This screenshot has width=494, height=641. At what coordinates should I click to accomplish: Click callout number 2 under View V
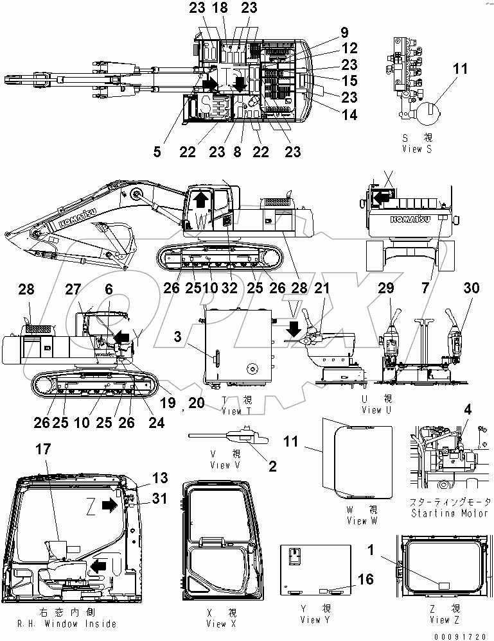tap(272, 466)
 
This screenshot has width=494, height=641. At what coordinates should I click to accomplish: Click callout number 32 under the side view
tap(229, 270)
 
